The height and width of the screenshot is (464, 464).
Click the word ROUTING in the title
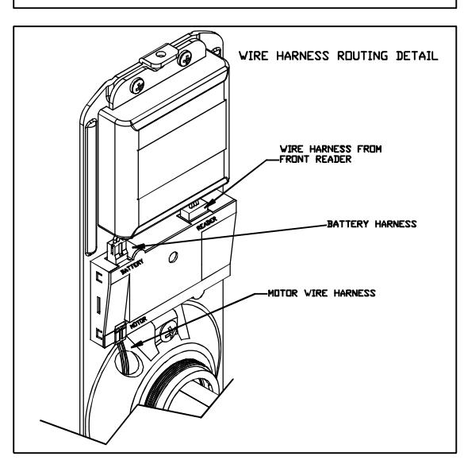pos(362,56)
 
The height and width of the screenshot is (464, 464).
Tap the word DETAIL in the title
pos(417,56)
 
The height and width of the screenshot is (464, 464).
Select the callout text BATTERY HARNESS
pos(372,224)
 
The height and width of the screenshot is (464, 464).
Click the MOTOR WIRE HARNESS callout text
pos(322,293)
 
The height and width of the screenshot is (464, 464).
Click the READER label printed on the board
pos(206,223)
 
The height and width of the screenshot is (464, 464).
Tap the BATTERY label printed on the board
pos(132,266)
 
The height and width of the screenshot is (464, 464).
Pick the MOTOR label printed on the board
pos(138,323)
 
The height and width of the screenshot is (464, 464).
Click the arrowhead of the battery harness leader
pos(139,246)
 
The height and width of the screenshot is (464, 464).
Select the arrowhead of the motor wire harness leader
pos(137,345)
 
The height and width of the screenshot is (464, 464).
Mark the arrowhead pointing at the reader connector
pos(209,203)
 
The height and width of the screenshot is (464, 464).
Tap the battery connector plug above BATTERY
pos(117,250)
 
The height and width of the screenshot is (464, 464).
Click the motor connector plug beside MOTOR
pos(121,332)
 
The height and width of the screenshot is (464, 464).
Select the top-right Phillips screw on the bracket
pos(185,58)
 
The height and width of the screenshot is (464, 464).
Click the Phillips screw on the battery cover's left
pos(137,86)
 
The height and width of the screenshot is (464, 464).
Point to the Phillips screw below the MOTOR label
pos(168,333)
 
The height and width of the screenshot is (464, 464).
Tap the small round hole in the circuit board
pos(173,257)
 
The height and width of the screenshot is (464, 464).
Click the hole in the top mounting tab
pos(161,54)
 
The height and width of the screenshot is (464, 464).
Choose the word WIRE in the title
pos(254,56)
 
